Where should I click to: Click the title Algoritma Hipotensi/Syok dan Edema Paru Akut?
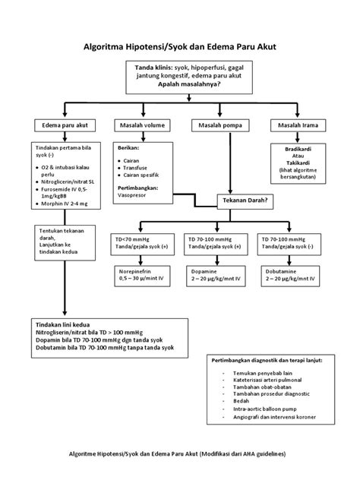(179, 46)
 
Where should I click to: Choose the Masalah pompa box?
(219, 125)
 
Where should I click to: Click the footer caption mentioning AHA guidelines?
(179, 453)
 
